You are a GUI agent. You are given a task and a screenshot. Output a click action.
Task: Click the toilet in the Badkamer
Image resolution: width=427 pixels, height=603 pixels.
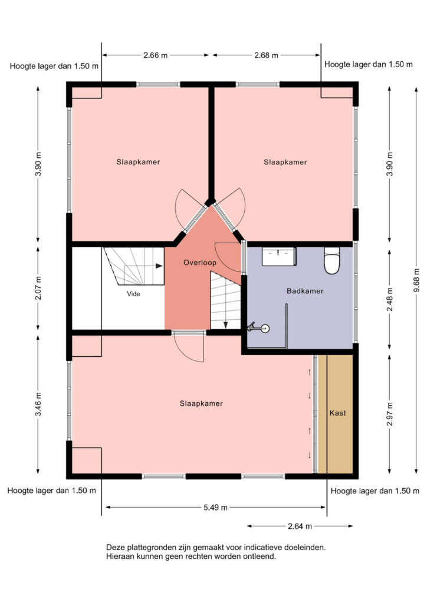point(331,260)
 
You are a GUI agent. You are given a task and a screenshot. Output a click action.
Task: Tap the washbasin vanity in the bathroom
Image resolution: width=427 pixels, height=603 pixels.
point(279,257)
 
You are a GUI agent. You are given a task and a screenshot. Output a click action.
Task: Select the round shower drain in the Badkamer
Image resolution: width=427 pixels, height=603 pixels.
point(265,329)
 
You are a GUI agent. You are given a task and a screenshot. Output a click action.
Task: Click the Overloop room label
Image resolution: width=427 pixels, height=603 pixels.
point(200,263)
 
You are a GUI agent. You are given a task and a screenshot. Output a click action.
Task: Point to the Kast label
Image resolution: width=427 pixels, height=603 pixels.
point(338,413)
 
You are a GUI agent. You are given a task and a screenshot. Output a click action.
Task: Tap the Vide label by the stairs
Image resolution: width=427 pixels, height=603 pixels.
point(134,294)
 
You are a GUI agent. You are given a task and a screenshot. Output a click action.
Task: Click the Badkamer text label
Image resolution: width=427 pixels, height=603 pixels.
point(305,291)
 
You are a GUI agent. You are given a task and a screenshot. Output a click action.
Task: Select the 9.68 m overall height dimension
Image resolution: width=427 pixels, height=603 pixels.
point(416,280)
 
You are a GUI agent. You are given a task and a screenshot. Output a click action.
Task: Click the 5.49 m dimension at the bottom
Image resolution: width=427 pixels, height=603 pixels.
point(216,507)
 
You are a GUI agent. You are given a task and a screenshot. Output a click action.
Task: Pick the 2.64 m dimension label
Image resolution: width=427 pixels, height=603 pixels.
point(300,526)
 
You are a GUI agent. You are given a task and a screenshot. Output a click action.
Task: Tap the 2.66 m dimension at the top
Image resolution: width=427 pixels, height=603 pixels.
point(156,55)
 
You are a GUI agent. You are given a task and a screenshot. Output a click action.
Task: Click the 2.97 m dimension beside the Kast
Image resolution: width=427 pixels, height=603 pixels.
point(390,414)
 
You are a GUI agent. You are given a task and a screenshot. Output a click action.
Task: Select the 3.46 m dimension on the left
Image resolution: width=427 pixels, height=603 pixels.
point(38,404)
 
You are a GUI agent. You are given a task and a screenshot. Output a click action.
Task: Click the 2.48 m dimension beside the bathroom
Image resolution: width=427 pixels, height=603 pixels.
point(390,300)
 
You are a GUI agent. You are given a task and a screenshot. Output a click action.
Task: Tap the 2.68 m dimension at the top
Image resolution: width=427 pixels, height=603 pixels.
point(267,55)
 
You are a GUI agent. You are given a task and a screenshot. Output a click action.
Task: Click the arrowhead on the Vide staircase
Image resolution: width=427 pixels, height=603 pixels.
point(159,266)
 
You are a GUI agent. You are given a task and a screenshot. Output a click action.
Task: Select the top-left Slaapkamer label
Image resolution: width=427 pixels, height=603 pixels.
point(138,162)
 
